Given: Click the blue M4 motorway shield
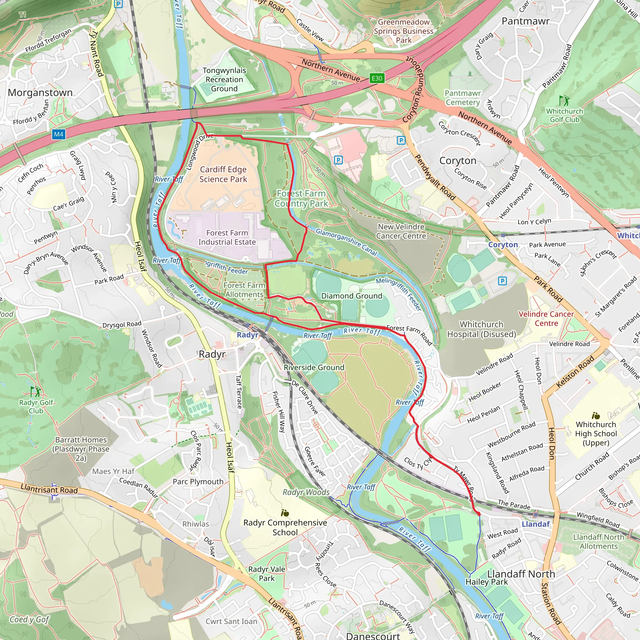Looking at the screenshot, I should coord(58,134).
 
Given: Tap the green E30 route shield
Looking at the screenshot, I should coord(377,78).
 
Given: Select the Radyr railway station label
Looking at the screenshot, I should coord(247,335).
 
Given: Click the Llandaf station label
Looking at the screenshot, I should coord(536,524).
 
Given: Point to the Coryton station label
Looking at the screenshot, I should coord(503,244).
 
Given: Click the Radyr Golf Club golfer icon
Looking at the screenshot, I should coord(35,391).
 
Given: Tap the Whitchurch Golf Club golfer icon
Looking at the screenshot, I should coord(564,100).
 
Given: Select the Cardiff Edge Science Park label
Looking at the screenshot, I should coord(223,174).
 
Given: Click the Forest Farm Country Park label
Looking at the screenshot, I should coord(301,198).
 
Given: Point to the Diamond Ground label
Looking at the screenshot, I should coord(352,296).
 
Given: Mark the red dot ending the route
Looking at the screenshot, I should coord(479,514).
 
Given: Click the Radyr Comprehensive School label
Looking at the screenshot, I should coord(285,527).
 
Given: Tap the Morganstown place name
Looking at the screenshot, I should coord(40,92).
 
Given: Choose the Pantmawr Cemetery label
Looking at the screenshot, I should coord(462,98).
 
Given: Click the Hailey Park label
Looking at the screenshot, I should coord(486,582).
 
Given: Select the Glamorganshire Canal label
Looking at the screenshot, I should coord(346,242).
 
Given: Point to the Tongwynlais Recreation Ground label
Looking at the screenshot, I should coord(224,79).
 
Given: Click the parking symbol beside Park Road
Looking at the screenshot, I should coord(502,281).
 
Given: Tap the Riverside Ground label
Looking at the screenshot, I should coord(314,367).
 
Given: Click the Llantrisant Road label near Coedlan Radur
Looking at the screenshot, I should coord(49,489).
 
